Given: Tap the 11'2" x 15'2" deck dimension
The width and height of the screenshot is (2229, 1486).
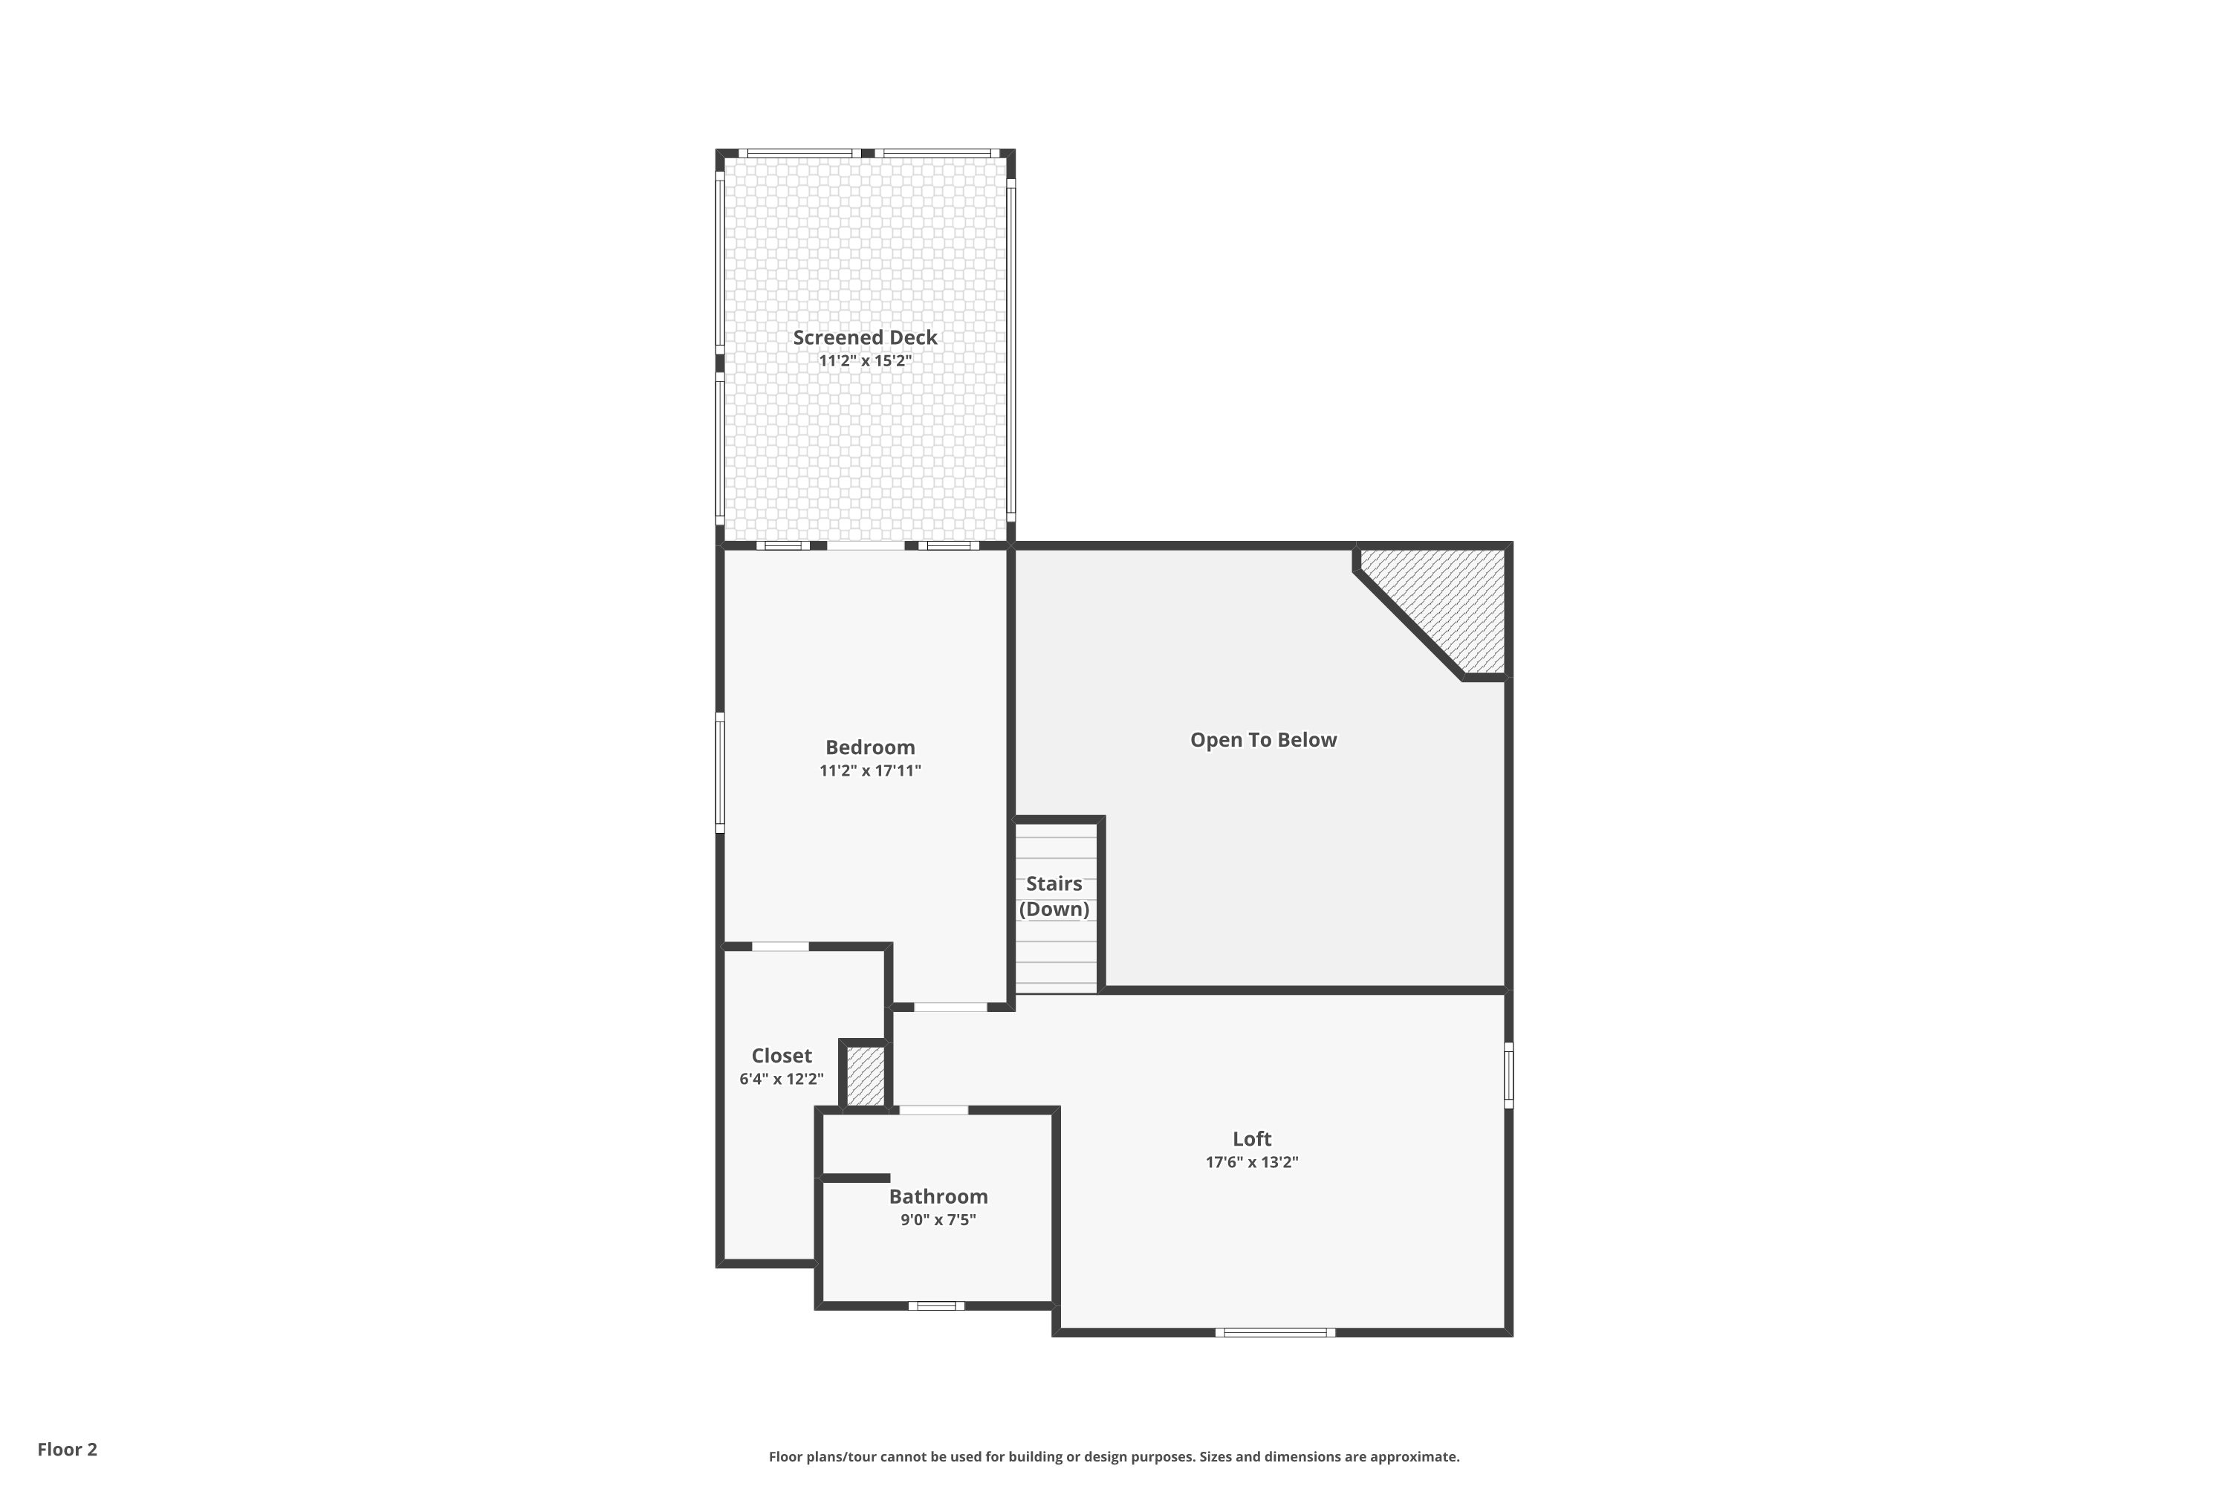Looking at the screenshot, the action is click(866, 361).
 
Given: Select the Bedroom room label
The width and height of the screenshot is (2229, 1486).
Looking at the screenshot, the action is click(870, 747).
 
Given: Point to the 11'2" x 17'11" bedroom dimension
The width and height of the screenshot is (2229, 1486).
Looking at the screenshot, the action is click(870, 770).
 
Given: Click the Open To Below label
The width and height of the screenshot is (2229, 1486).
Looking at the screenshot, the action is click(1263, 740).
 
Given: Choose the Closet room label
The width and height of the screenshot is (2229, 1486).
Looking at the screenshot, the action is click(781, 1056).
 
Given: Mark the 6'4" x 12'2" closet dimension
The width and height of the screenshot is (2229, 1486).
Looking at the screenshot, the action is click(781, 1079).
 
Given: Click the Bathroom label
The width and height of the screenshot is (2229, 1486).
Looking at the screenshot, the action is click(938, 1197).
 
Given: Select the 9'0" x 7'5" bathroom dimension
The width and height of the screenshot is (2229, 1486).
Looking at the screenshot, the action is click(938, 1220).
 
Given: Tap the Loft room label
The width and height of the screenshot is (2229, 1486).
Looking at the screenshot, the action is click(1252, 1139).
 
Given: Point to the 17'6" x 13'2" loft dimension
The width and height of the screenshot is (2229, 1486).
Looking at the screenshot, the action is click(1252, 1162).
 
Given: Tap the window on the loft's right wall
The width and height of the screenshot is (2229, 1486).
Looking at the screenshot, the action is click(1509, 1076).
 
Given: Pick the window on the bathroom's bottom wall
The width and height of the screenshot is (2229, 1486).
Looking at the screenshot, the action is click(936, 1306).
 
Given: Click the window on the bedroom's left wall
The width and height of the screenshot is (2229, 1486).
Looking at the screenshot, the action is click(720, 773).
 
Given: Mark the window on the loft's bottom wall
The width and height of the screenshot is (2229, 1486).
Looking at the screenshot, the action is click(1276, 1332).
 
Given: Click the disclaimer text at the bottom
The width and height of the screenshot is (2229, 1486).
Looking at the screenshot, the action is click(1114, 1456).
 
